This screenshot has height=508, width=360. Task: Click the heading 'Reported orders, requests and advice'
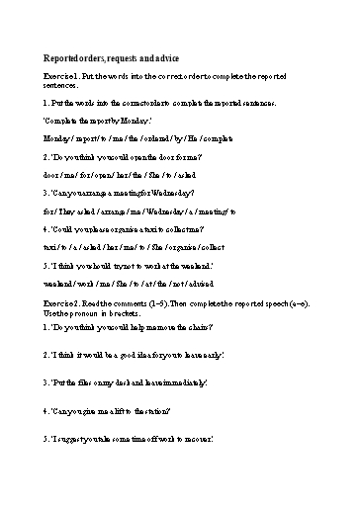click(111, 59)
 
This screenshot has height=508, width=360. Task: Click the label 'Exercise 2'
click(62, 296)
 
